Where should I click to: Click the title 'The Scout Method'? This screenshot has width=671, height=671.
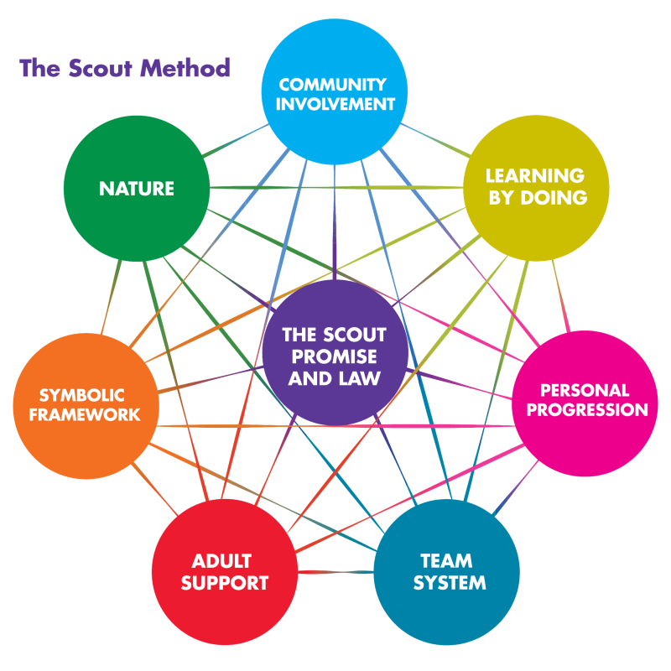tap(125, 68)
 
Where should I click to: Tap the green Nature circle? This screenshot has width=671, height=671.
tap(137, 189)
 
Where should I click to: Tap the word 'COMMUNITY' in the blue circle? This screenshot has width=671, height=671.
tap(333, 85)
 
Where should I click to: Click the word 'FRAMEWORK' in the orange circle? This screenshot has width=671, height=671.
tap(77, 414)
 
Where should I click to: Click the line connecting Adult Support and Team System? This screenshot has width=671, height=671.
tap(335, 572)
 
